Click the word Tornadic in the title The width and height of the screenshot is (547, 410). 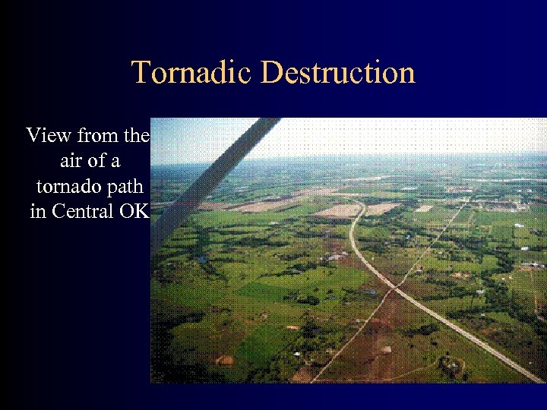[192, 73]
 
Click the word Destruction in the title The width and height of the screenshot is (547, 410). [338, 73]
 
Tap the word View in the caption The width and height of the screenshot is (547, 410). [50, 136]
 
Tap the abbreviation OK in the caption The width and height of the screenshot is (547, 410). [134, 211]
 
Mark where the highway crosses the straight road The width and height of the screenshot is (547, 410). [394, 288]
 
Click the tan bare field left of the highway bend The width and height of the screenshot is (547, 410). [338, 210]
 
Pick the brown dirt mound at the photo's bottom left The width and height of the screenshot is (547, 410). [225, 360]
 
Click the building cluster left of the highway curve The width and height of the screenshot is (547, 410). [334, 258]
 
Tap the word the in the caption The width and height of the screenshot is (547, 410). [137, 136]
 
